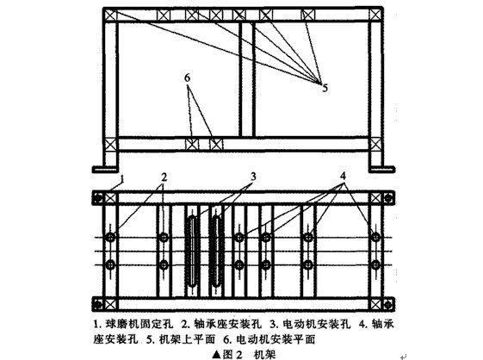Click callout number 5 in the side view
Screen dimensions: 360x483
(325, 87)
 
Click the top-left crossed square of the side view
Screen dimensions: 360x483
(109, 15)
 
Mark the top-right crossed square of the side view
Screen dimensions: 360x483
(374, 15)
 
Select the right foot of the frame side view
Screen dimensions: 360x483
(381, 168)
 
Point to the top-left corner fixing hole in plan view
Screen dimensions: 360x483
(110, 197)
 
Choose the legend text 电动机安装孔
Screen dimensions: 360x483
(272, 325)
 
